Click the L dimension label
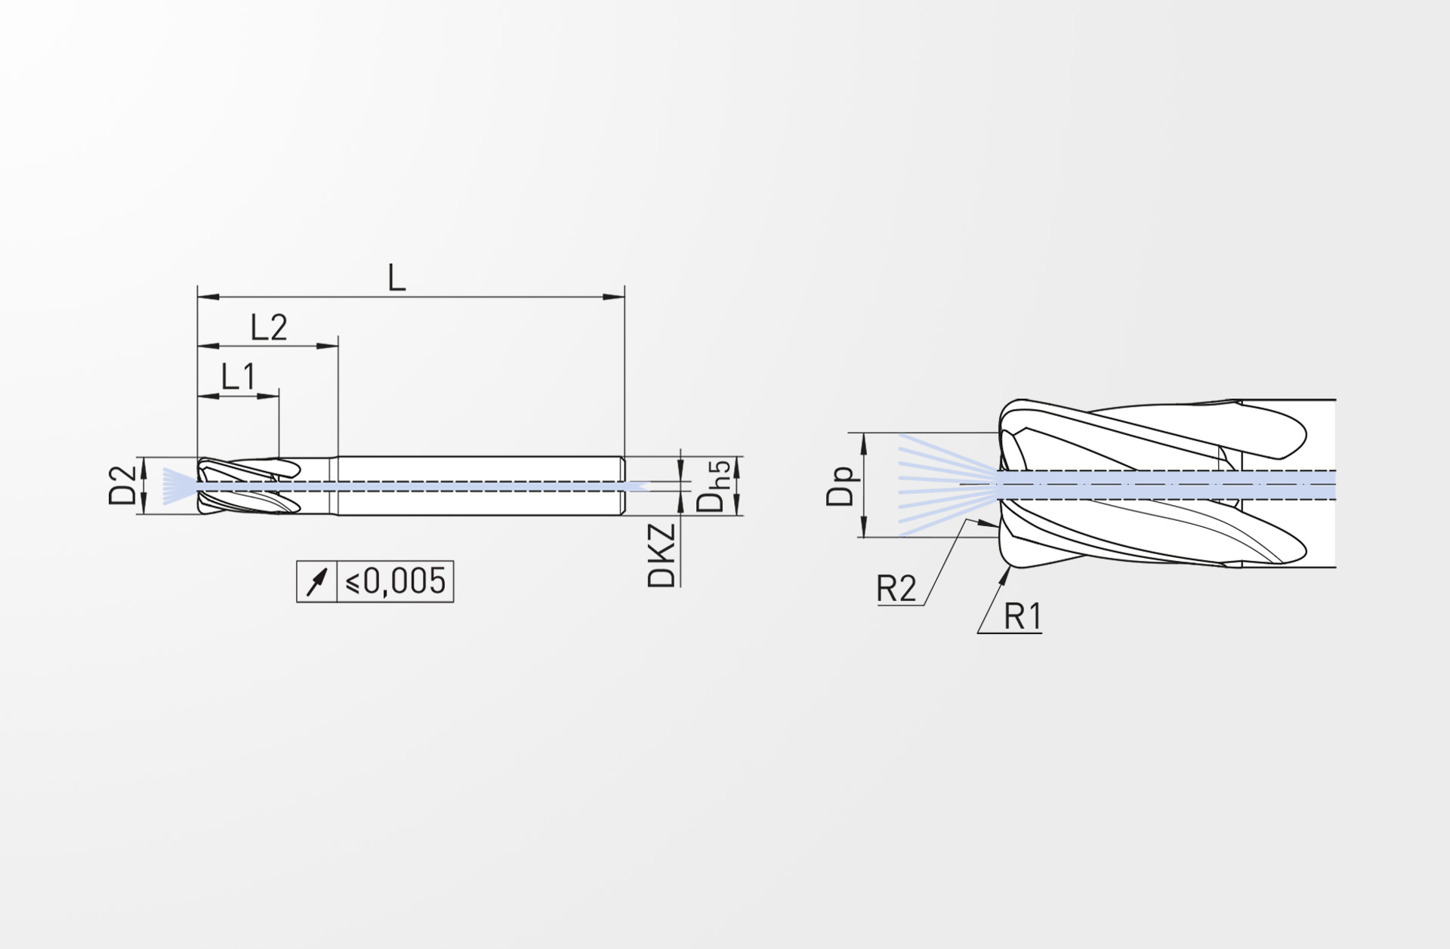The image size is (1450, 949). (396, 278)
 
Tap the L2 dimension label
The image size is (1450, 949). (270, 328)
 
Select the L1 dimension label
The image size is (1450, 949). (239, 376)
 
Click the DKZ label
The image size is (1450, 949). (661, 556)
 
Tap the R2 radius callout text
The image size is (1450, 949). (896, 589)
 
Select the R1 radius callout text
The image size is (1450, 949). (1023, 618)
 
